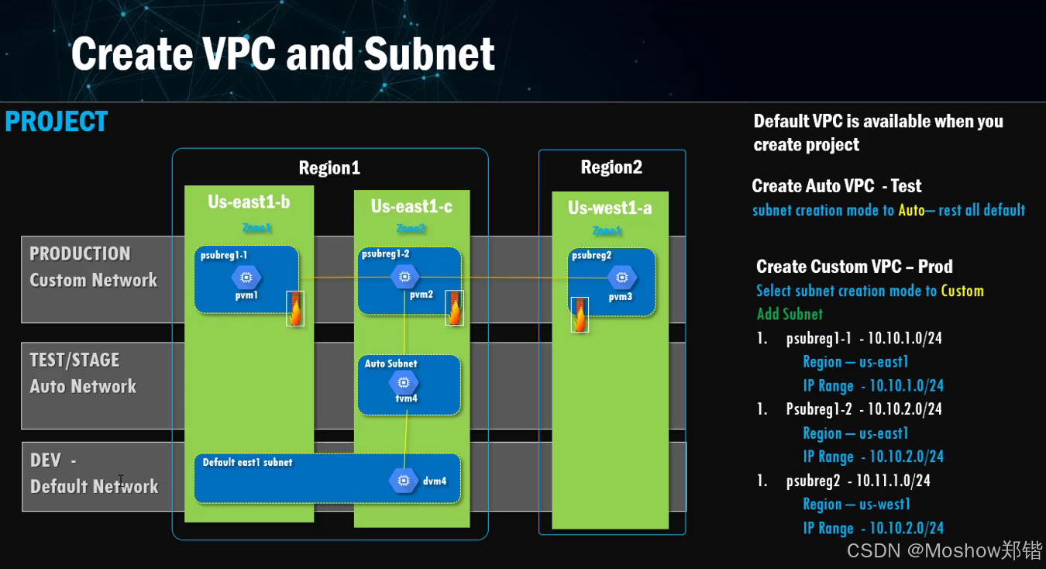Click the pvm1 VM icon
[246, 277]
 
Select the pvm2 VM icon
[403, 276]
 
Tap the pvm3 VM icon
[621, 277]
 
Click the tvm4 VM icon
[403, 381]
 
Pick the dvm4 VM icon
[404, 481]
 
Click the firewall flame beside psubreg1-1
[295, 309]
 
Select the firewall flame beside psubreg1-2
[455, 308]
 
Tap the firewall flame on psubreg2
[580, 314]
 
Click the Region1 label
[329, 168]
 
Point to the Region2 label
[611, 167]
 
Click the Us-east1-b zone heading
[249, 202]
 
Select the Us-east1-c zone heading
[411, 206]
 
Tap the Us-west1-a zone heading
[609, 208]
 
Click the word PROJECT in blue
[57, 122]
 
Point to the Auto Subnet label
[391, 364]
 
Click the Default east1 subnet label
[247, 462]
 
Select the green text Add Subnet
[790, 314]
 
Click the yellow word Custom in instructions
[962, 291]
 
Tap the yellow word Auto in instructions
[911, 210]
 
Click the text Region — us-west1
[856, 505]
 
